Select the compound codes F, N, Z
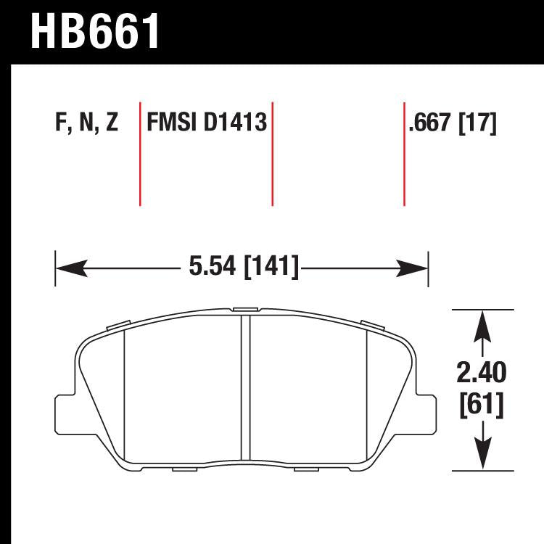(x=86, y=123)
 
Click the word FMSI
(x=173, y=123)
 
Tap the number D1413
(x=234, y=123)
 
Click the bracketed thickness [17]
(x=478, y=124)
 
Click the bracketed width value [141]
(x=272, y=268)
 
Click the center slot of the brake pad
(x=245, y=388)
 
